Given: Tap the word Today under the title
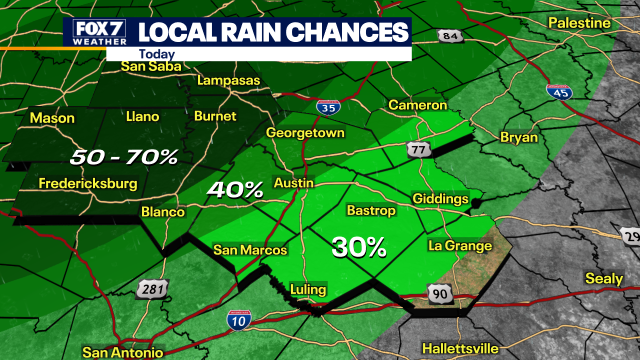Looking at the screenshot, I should pos(156,54).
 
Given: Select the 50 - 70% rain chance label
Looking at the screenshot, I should pos(123,157).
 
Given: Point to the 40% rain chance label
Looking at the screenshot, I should pos(235,189).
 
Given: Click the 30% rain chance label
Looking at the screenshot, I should pos(358,247).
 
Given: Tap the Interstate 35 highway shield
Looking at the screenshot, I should pos(328,107).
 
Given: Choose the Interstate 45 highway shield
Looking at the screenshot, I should pos(559,92).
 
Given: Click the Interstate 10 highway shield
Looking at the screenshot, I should pos(239,320).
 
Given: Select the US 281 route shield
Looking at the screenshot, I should pos(152,289).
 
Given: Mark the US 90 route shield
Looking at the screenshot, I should pos(440,293).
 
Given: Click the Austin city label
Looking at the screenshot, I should pos(293,182).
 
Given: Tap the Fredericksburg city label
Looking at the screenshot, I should pos(88,183).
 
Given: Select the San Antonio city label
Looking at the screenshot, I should pos(123,352).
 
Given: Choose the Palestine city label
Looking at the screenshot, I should pos(579,22).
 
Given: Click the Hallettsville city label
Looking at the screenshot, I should pos(460,348).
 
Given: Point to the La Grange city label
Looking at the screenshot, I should pos(460,245).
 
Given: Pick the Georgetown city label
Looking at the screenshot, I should pos(305,132).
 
